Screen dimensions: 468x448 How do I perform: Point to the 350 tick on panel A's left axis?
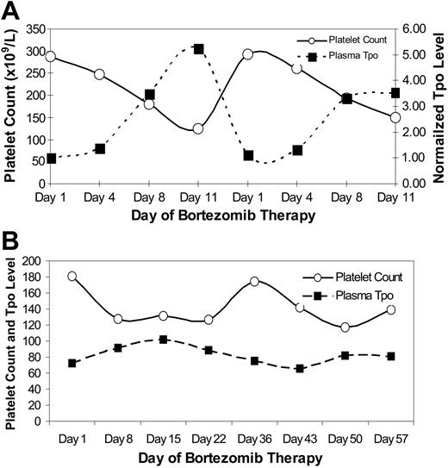[x=35, y=28]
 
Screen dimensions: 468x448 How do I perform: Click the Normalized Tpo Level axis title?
[x=439, y=105]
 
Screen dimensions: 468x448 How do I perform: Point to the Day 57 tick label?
[x=391, y=438]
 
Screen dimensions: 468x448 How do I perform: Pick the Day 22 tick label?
[x=208, y=438]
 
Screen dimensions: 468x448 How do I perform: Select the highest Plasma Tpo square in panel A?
[x=198, y=49]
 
